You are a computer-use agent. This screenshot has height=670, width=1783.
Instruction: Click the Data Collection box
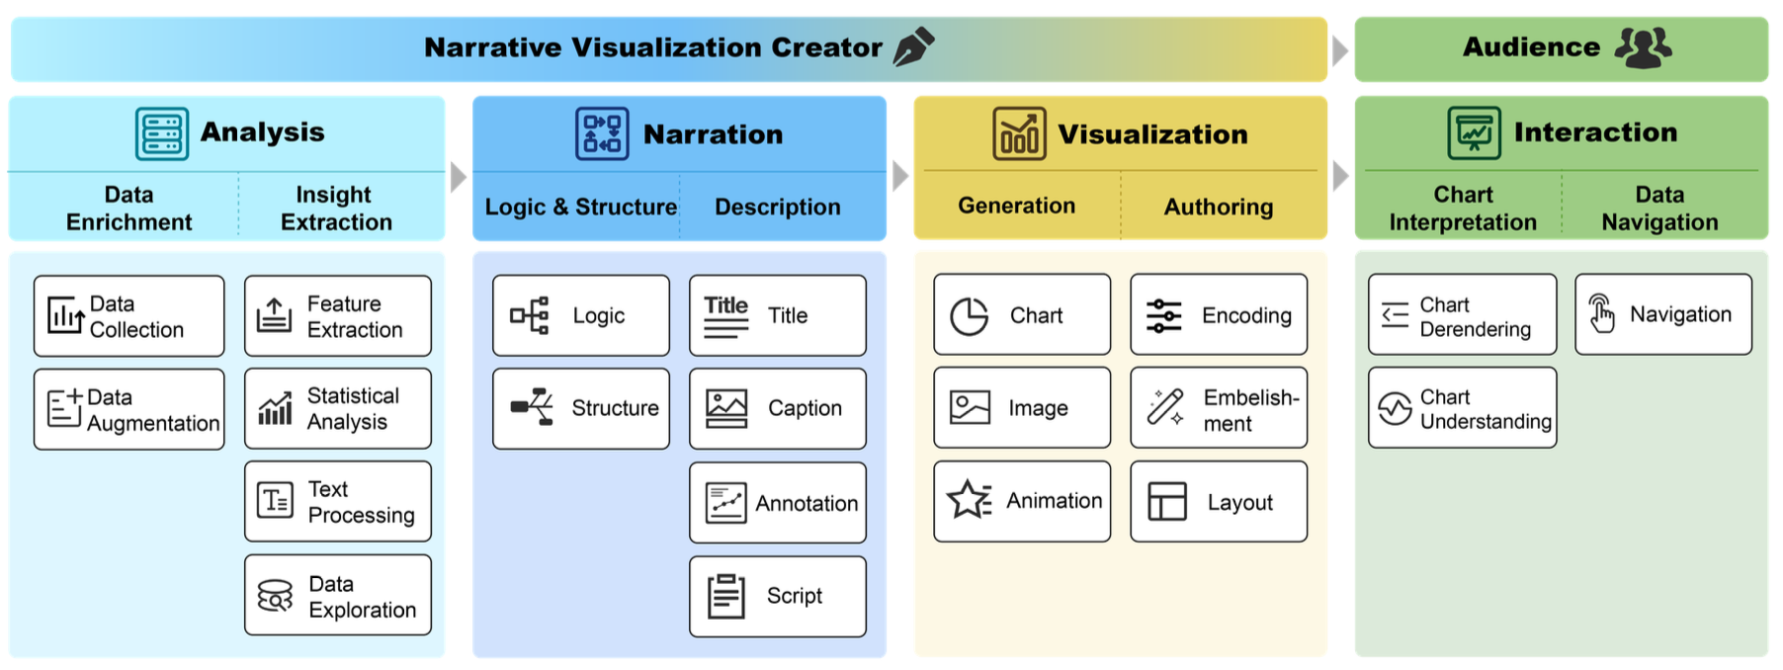pyautogui.click(x=128, y=316)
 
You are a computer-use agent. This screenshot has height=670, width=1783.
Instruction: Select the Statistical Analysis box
pyautogui.click(x=337, y=408)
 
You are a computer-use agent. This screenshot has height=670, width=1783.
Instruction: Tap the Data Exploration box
pyautogui.click(x=337, y=595)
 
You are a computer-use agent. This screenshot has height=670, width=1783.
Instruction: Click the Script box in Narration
pyautogui.click(x=777, y=596)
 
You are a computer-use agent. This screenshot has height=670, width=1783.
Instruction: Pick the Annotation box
pyautogui.click(x=777, y=502)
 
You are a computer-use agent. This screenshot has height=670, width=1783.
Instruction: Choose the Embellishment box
pyautogui.click(x=1218, y=408)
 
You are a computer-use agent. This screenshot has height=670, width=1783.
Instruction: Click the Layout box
pyautogui.click(x=1218, y=501)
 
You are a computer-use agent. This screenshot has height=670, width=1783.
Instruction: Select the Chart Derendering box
pyautogui.click(x=1461, y=315)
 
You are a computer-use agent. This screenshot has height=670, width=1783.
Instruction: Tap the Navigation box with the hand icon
pyautogui.click(x=1662, y=314)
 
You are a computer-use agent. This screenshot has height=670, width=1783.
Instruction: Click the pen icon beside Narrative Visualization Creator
pyautogui.click(x=913, y=46)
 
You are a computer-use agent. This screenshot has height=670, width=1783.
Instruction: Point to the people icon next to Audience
pyautogui.click(x=1643, y=46)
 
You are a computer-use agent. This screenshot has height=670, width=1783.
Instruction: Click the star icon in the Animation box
pyautogui.click(x=969, y=500)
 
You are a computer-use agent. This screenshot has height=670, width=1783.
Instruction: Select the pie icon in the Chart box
pyautogui.click(x=969, y=316)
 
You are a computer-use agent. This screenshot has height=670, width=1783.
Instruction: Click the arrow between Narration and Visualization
pyautogui.click(x=899, y=176)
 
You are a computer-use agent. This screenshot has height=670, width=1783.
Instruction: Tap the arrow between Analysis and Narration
pyautogui.click(x=458, y=177)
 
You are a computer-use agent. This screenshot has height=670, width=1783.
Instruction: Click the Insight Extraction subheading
pyautogui.click(x=336, y=208)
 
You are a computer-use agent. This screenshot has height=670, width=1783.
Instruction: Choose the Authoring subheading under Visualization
pyautogui.click(x=1218, y=207)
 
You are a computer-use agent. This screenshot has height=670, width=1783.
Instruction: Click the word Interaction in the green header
pyautogui.click(x=1594, y=131)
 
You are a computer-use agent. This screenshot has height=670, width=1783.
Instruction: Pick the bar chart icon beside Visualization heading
pyautogui.click(x=1018, y=133)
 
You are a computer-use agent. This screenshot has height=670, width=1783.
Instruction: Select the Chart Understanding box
pyautogui.click(x=1461, y=408)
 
